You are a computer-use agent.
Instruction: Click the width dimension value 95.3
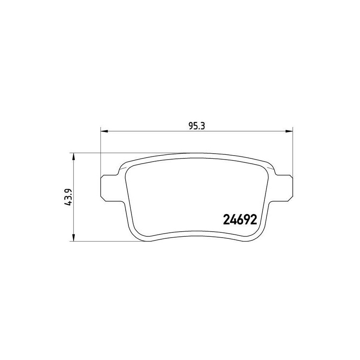point(196,126)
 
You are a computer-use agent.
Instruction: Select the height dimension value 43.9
point(70,197)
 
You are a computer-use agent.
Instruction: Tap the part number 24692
point(240,220)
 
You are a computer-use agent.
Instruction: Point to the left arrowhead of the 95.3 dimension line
point(104,131)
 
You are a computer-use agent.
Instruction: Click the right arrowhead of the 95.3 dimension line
point(289,131)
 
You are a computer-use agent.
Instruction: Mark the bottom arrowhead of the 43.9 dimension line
point(74,238)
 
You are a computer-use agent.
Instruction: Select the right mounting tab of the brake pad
point(284,188)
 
